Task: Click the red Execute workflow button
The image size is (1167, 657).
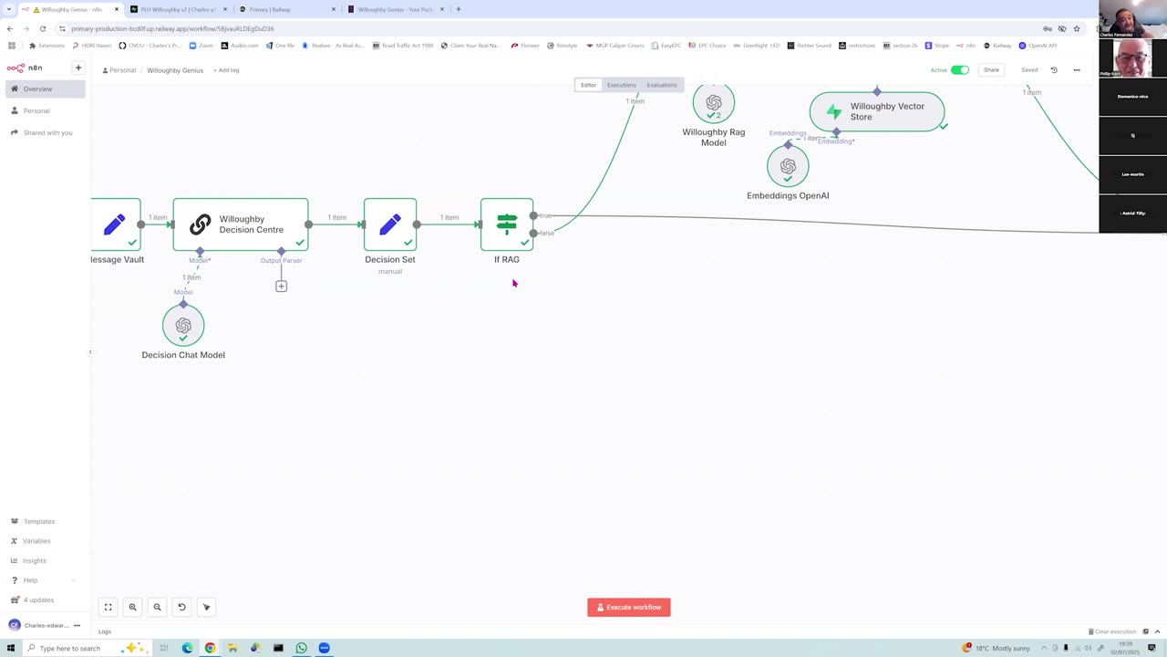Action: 629,607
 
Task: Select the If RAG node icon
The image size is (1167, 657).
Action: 507,224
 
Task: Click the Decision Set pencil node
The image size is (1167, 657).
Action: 390,224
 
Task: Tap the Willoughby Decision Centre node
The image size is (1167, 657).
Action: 241,224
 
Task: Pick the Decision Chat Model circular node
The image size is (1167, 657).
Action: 183,326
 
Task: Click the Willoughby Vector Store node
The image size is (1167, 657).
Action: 877,111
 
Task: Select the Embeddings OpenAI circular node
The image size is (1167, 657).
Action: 788,166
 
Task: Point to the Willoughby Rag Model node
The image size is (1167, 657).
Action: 713,103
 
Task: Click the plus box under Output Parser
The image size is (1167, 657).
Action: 281,287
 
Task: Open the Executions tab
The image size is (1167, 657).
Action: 622,85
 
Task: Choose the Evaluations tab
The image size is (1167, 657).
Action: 662,85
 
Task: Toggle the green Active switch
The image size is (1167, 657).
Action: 960,70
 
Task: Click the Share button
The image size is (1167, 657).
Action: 991,70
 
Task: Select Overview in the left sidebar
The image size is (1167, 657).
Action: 37,89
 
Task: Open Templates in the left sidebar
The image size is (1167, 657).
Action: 39,521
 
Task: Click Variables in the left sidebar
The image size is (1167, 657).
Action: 36,541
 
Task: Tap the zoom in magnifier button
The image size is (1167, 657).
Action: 132,607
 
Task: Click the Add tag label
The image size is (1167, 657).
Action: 228,70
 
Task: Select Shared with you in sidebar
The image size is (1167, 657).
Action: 47,132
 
